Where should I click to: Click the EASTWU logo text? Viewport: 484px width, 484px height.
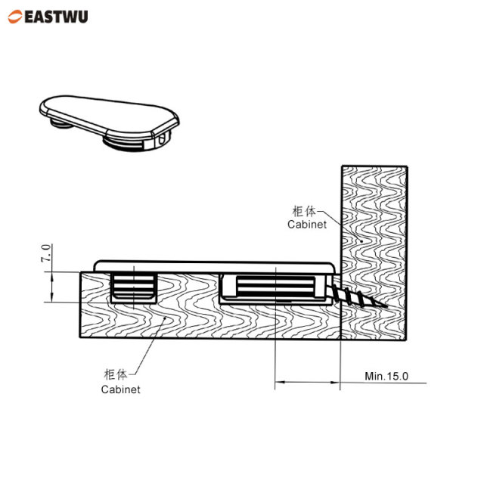[x=56, y=15]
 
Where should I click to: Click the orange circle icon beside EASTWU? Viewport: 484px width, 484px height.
[x=16, y=15]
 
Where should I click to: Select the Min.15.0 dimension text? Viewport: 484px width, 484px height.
[x=386, y=375]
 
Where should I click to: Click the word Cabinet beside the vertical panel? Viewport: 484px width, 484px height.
[x=307, y=225]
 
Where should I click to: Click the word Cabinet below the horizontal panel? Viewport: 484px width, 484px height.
[x=121, y=389]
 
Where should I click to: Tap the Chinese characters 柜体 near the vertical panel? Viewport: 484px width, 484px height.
[x=304, y=210]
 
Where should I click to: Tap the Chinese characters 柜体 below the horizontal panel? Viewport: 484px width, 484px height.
[x=117, y=374]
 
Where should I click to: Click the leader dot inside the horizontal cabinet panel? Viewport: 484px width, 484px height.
[x=161, y=320]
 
